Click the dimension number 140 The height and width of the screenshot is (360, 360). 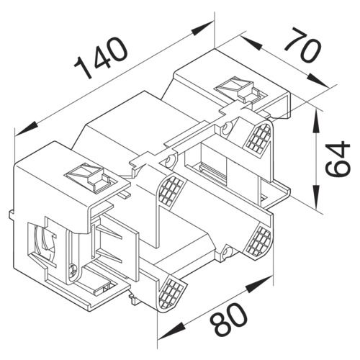(x=101, y=57)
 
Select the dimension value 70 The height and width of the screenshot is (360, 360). (x=303, y=45)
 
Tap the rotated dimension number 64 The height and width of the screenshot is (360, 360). (x=338, y=159)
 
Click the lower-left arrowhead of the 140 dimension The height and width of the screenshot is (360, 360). (x=26, y=128)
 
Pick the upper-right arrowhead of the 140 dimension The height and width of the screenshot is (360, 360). (x=202, y=27)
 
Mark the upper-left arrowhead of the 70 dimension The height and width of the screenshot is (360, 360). (x=251, y=42)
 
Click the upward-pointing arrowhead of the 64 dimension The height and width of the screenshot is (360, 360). (x=317, y=120)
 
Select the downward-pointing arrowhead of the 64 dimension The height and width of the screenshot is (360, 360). (x=317, y=197)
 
